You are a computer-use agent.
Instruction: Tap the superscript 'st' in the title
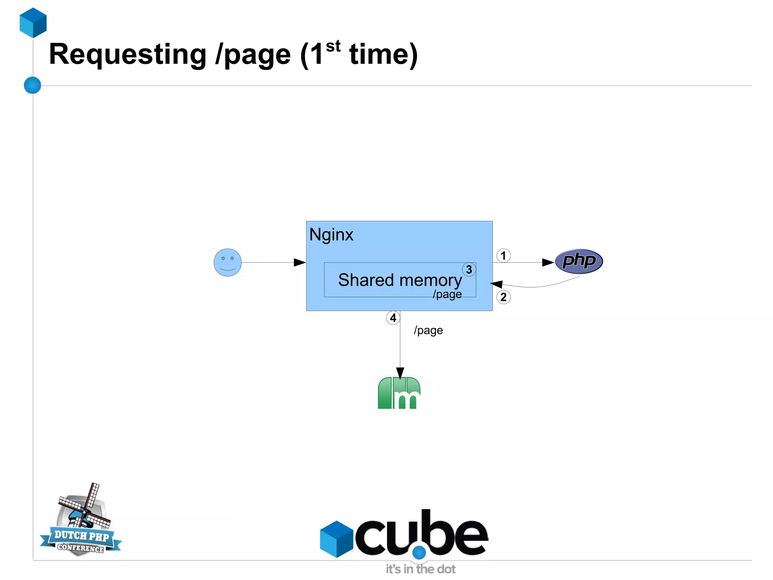click(x=333, y=46)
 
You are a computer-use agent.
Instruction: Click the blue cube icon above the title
click(x=33, y=23)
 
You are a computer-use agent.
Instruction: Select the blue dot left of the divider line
click(x=32, y=85)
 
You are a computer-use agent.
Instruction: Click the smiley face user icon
click(x=228, y=262)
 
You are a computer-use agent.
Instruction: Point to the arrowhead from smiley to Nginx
click(x=300, y=262)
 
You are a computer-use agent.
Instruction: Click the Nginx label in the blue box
click(x=331, y=235)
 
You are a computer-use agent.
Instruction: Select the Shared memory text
click(x=400, y=280)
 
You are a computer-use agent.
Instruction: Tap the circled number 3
click(x=469, y=269)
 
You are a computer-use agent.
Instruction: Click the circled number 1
click(x=503, y=256)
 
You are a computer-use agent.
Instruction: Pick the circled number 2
click(x=503, y=297)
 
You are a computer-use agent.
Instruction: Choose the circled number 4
click(x=393, y=318)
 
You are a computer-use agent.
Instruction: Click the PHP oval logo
click(x=579, y=261)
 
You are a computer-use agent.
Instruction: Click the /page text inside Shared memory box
click(x=447, y=294)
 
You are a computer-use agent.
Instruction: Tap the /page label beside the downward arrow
click(x=428, y=330)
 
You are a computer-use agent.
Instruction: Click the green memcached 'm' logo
click(x=399, y=393)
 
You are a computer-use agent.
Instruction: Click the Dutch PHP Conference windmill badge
click(x=81, y=522)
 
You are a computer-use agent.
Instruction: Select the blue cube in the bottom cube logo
click(x=336, y=539)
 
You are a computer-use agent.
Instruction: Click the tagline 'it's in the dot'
click(x=420, y=569)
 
